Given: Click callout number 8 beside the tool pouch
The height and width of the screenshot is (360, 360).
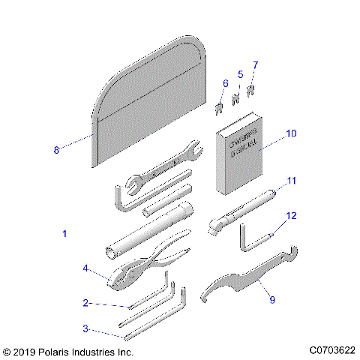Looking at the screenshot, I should click(x=56, y=149).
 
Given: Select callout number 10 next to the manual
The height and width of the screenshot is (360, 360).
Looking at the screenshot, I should click(x=291, y=133).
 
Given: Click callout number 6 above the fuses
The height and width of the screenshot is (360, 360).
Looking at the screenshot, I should click(x=225, y=82).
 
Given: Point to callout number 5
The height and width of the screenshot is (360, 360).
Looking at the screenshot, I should click(x=240, y=74).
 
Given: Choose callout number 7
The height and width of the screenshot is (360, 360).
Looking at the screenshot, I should click(x=255, y=66).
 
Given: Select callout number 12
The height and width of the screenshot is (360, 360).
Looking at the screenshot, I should click(x=292, y=216).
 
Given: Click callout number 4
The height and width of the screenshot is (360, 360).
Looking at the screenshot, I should click(x=86, y=268).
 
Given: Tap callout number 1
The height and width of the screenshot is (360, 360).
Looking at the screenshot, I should click(x=64, y=234).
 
